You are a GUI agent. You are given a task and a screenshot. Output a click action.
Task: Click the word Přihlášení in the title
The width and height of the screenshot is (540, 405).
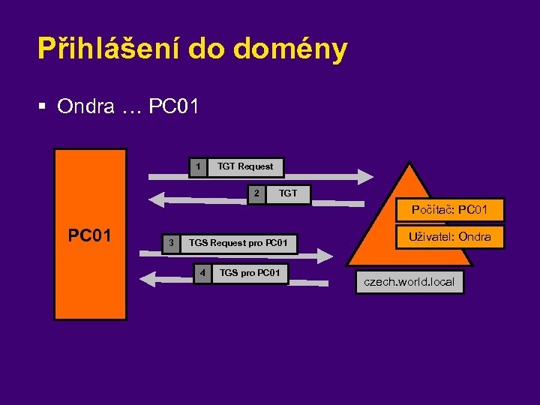(x=108, y=49)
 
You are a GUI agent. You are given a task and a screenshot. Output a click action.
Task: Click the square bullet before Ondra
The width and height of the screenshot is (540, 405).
(x=42, y=107)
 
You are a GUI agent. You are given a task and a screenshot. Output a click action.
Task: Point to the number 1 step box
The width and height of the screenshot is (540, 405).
(x=197, y=166)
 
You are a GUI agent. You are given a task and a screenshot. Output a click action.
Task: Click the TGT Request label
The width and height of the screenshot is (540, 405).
(x=245, y=166)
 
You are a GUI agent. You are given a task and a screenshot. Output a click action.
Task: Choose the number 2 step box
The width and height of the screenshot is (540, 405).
(x=256, y=193)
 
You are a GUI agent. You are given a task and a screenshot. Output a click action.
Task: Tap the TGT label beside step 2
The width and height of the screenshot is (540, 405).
(x=288, y=193)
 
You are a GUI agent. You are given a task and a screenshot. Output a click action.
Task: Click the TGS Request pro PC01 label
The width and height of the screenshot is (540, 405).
(x=238, y=243)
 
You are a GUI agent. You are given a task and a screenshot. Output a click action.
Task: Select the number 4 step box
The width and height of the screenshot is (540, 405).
(x=201, y=272)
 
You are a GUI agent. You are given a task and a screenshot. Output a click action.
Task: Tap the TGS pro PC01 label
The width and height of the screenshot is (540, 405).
(x=250, y=272)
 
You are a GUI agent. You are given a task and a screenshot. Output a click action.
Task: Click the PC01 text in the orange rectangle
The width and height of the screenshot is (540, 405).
(x=90, y=235)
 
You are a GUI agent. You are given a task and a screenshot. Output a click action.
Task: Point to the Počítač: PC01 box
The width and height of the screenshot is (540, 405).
(x=448, y=209)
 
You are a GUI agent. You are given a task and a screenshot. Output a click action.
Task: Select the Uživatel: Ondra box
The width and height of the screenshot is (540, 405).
(x=449, y=237)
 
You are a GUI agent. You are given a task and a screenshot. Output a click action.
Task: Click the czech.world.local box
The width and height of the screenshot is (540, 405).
(x=409, y=282)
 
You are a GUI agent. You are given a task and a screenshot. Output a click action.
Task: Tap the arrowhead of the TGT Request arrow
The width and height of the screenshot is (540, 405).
(x=365, y=176)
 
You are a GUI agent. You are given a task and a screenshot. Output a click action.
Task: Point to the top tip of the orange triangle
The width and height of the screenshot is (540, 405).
(x=409, y=163)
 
